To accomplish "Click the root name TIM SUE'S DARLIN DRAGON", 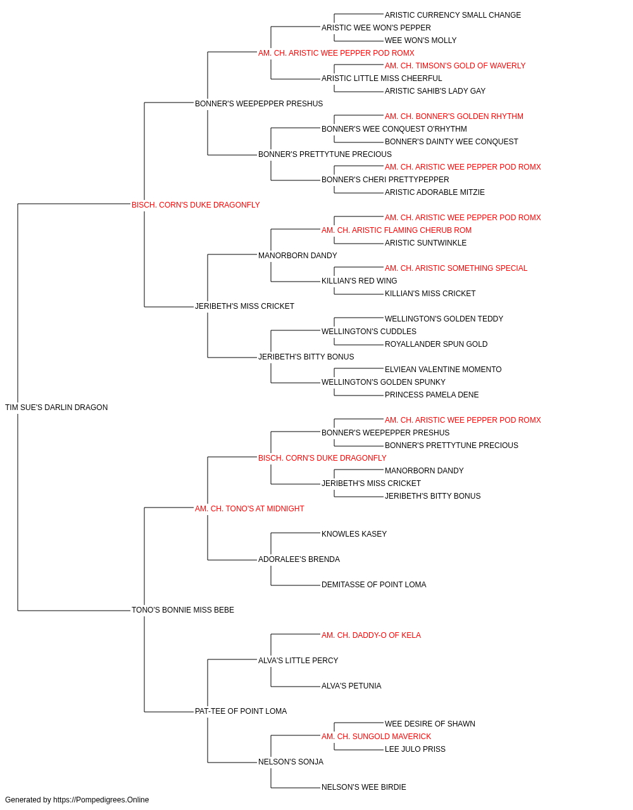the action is [56, 408].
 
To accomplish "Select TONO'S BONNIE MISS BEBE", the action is [183, 610].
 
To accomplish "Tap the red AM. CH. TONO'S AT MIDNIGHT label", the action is [249, 508].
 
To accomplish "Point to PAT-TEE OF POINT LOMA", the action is [241, 711].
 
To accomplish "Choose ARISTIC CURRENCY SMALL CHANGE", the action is [453, 15].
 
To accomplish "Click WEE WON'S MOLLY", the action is [420, 40].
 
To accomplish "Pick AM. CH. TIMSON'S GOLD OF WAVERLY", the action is [454, 66].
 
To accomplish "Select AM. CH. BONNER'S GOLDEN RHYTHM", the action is [454, 116].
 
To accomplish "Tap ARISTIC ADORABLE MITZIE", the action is [435, 192].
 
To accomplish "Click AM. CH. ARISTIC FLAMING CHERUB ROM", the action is [396, 230].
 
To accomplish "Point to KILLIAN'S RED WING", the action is [359, 281].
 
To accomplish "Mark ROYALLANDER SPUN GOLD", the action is [436, 344].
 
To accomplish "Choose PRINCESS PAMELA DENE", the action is [431, 395].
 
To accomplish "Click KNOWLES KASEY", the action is [354, 534].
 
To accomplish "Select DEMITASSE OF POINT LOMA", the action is [373, 585].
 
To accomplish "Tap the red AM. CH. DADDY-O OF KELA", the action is [371, 635].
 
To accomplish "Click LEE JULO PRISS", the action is [415, 749].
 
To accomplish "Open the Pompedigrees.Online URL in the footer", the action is [101, 800].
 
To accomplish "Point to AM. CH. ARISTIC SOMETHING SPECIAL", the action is [456, 268].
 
